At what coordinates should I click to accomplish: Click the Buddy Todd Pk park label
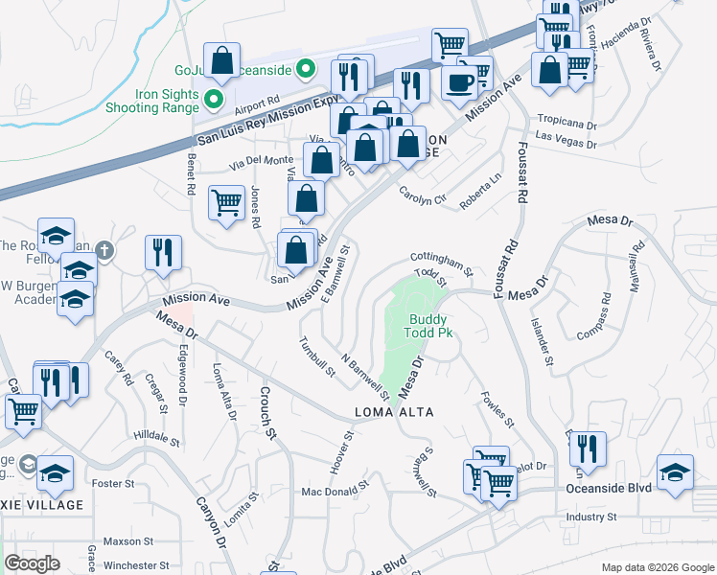tap(430, 326)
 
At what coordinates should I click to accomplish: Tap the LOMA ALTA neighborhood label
tap(395, 412)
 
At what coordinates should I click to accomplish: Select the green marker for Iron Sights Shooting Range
tap(213, 96)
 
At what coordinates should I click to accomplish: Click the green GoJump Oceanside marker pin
tap(305, 68)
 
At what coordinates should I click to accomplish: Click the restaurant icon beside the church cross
tap(163, 252)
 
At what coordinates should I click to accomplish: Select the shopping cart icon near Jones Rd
tap(226, 202)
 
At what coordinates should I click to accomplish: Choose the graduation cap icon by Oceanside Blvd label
tap(675, 471)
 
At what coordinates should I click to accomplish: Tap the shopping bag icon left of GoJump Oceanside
tap(222, 60)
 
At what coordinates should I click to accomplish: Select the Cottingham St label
tap(442, 260)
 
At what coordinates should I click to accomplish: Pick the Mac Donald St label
tap(335, 491)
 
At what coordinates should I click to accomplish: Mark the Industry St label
tap(590, 517)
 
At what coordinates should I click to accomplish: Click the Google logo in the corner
tap(32, 563)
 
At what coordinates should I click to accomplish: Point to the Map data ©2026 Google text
tap(657, 567)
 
